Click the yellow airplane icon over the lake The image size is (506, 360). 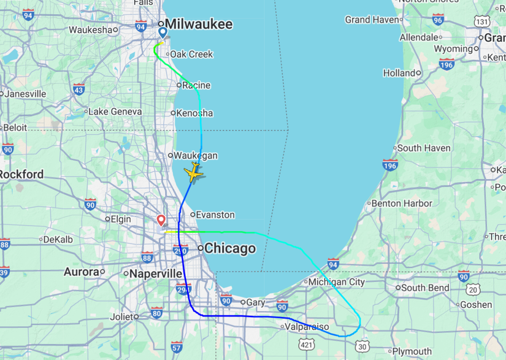[194, 172]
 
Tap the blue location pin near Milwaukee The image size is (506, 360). [163, 33]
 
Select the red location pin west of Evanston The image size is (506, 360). [161, 220]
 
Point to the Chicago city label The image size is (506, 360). [229, 248]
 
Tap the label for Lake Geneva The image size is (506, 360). [115, 112]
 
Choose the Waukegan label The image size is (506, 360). [196, 156]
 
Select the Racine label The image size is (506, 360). [196, 85]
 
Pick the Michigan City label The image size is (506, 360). [336, 282]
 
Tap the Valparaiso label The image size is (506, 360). [307, 327]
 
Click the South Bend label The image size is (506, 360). [426, 287]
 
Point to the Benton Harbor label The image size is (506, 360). [402, 203]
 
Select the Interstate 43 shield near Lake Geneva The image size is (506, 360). [79, 90]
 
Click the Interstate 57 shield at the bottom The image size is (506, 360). [177, 347]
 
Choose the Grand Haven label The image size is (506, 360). [372, 20]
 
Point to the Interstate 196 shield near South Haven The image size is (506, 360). [390, 164]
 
